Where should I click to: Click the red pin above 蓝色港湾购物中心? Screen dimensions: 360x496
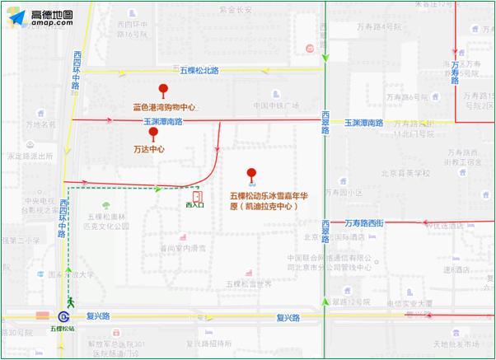[x=163, y=91]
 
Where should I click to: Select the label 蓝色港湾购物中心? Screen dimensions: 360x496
[x=165, y=107]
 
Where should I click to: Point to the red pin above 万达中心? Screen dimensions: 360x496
[x=152, y=133]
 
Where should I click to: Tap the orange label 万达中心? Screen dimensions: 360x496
[x=149, y=150]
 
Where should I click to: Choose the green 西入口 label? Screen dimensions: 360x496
[x=194, y=205]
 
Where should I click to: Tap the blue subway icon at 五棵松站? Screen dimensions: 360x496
[x=63, y=316]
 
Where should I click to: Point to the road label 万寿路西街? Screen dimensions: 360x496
[x=365, y=222]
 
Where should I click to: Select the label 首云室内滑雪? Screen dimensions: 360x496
[x=183, y=247]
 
